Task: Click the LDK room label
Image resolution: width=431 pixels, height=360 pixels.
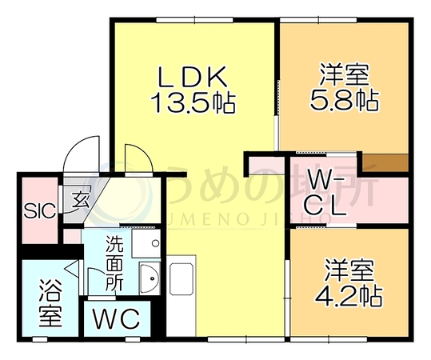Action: click(x=192, y=77)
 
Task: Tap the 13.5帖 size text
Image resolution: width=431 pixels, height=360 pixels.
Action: click(x=194, y=103)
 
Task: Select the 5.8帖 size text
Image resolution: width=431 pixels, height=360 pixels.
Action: click(x=345, y=100)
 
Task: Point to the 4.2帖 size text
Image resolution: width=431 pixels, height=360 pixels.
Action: click(x=348, y=297)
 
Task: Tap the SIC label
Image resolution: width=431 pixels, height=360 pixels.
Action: click(x=40, y=211)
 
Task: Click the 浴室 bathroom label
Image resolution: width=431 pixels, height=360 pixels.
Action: click(x=50, y=302)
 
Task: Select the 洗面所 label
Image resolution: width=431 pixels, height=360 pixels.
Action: click(x=114, y=263)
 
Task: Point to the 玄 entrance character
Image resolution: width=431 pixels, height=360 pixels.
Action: click(x=81, y=200)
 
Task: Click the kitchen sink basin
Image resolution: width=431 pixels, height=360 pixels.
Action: click(x=182, y=279)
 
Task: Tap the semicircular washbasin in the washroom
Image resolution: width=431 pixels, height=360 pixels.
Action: click(x=150, y=278)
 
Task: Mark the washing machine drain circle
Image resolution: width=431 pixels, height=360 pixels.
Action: click(x=156, y=243)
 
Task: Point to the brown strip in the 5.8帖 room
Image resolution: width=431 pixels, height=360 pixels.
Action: click(x=385, y=163)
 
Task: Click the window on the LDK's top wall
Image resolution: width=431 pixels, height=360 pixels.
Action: click(x=194, y=20)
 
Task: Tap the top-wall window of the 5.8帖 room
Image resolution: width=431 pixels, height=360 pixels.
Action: click(x=318, y=20)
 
